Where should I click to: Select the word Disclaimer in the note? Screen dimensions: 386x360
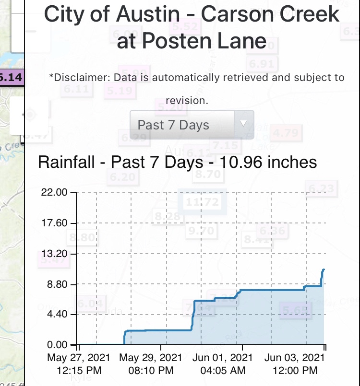80,77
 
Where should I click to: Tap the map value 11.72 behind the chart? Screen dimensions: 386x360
202,202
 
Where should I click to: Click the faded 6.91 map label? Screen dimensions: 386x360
261,64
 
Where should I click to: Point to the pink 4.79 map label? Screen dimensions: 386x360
285,132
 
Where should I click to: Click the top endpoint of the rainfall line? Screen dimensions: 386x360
324,269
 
